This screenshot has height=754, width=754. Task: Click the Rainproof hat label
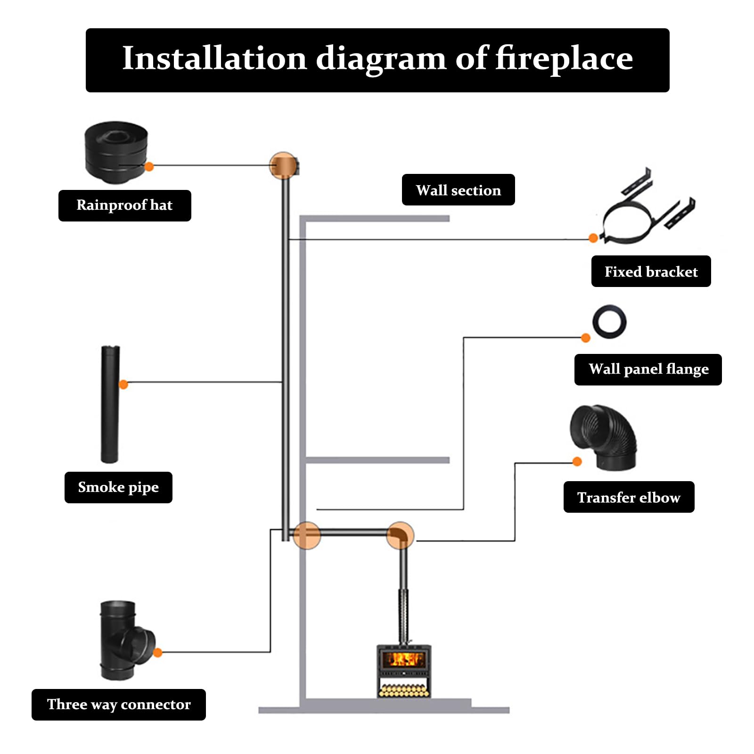click(x=124, y=205)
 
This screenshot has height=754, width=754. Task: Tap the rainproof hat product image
click(x=116, y=152)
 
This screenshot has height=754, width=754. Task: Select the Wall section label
click(x=458, y=190)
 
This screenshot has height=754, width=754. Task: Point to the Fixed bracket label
click(x=651, y=271)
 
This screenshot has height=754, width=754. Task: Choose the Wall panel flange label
click(x=648, y=369)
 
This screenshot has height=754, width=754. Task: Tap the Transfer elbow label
click(x=629, y=497)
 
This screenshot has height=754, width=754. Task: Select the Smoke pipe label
click(x=118, y=487)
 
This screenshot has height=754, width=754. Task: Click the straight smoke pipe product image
click(x=110, y=404)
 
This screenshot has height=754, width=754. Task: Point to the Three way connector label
click(x=119, y=705)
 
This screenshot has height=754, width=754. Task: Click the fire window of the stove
click(x=404, y=659)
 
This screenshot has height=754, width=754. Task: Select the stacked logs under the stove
click(x=404, y=691)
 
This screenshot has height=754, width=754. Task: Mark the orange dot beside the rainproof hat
click(x=149, y=166)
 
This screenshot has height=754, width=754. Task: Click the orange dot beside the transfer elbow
click(x=577, y=462)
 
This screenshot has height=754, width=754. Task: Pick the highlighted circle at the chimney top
click(x=283, y=165)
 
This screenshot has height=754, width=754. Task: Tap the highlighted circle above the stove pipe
click(x=400, y=535)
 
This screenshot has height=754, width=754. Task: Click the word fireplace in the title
click(x=564, y=59)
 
